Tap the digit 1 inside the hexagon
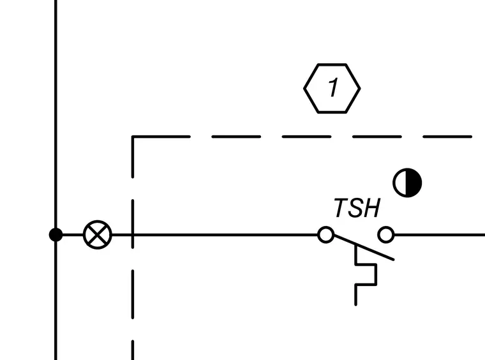[333, 87]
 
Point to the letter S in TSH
[357, 208]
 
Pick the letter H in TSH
[373, 208]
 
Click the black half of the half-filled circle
[414, 183]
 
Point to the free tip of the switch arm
[393, 259]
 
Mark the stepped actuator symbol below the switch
[365, 275]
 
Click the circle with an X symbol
[98, 235]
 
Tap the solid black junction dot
[56, 235]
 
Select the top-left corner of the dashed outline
[133, 137]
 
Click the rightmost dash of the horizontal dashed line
[447, 137]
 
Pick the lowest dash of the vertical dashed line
[133, 350]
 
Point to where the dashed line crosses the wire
[133, 235]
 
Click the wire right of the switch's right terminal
[440, 235]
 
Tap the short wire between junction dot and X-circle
[73, 235]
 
